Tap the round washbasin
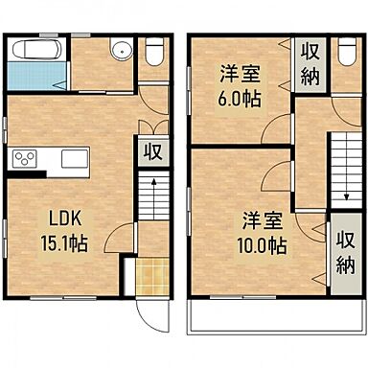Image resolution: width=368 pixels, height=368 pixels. (120, 53)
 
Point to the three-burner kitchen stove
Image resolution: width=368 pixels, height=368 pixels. (24, 159)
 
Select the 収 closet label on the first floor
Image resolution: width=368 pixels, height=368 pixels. (151, 151)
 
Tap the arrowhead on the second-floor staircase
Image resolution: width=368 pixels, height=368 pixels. (345, 199)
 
